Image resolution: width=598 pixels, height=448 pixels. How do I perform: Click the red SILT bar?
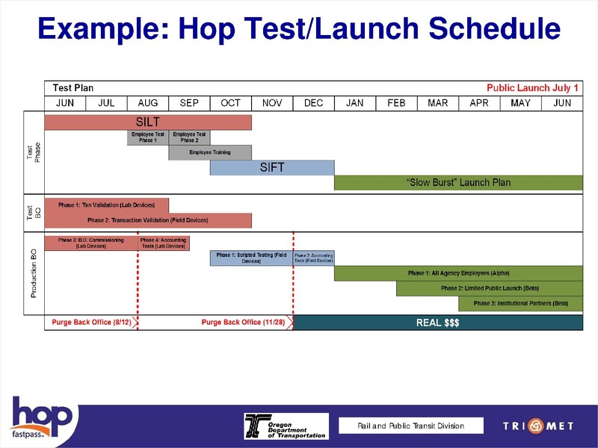(x=148, y=122)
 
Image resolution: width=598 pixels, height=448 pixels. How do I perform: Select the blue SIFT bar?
(x=272, y=167)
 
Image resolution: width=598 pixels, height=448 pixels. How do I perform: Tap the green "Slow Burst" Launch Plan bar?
(x=457, y=182)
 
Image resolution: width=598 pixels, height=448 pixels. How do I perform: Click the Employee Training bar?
(x=210, y=152)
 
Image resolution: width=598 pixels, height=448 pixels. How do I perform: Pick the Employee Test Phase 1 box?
(x=148, y=137)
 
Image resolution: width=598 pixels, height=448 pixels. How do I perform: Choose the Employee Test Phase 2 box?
(x=189, y=137)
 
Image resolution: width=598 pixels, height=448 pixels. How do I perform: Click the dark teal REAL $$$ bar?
(x=437, y=323)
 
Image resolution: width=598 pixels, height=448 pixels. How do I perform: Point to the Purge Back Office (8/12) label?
(x=91, y=323)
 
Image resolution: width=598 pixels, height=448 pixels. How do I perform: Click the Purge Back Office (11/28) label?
(x=243, y=323)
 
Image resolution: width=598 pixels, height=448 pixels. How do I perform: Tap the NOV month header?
(x=272, y=103)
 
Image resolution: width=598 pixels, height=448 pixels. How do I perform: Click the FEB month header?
(x=396, y=103)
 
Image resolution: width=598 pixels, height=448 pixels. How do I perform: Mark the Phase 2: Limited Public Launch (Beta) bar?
(x=489, y=288)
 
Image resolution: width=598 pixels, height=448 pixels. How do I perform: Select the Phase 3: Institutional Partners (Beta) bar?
(x=520, y=303)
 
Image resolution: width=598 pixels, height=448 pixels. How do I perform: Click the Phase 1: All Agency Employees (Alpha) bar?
(x=457, y=273)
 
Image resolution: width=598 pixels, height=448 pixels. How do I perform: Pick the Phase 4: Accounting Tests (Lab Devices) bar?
(x=164, y=243)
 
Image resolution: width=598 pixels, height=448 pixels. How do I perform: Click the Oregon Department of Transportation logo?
(x=286, y=426)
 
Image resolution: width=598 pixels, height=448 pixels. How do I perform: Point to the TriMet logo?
(x=537, y=426)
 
